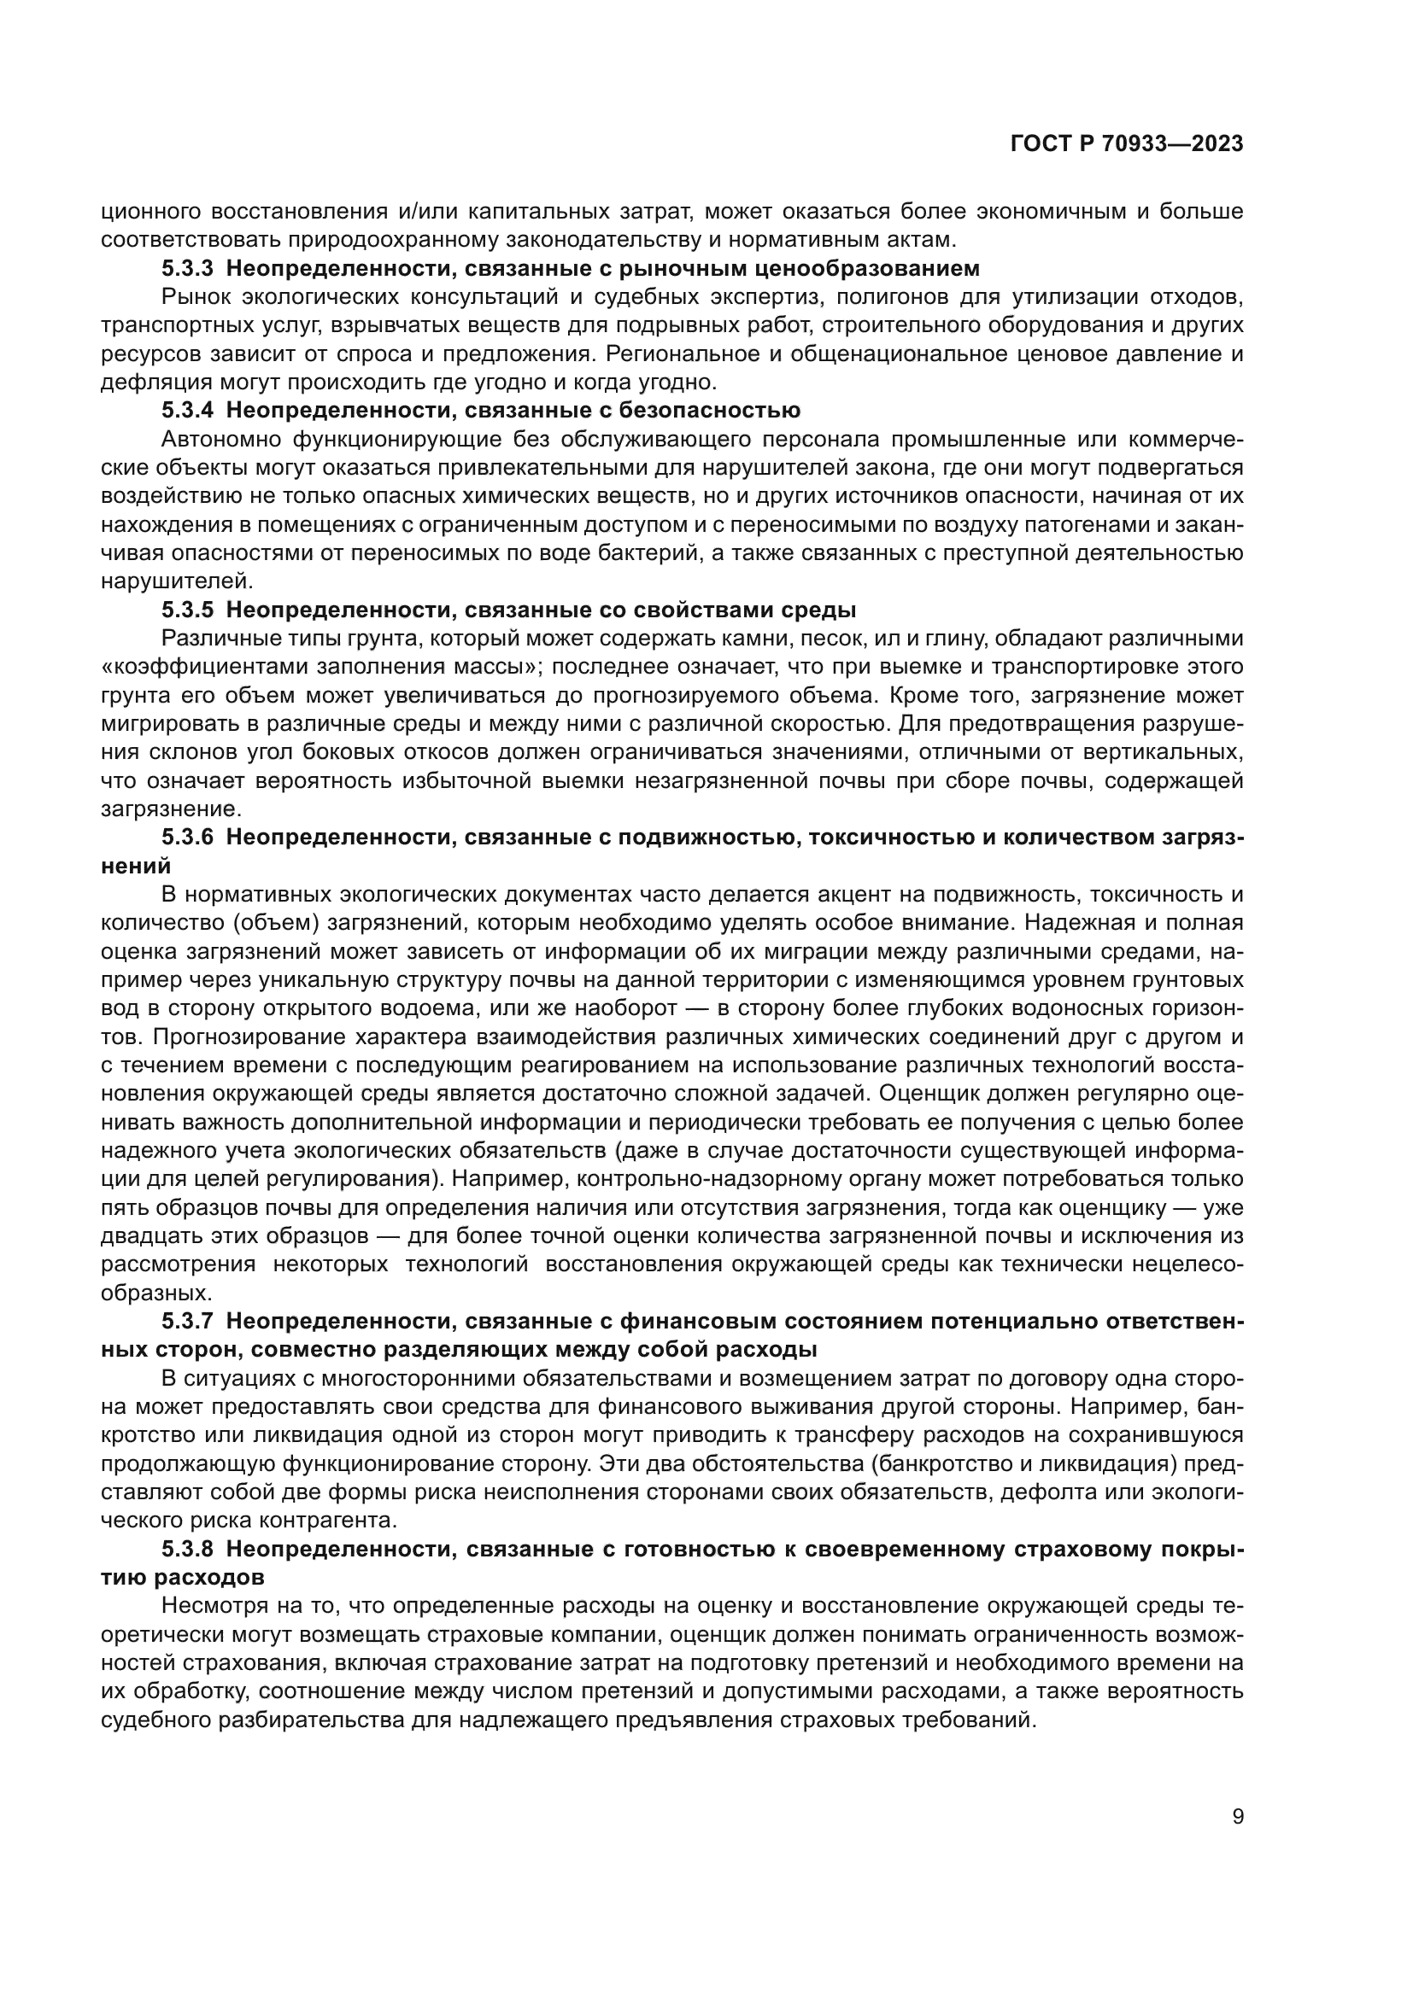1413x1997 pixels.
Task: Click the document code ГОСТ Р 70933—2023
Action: [x=1127, y=144]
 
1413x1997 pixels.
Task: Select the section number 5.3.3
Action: [x=187, y=268]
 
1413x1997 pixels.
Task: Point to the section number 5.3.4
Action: [x=187, y=411]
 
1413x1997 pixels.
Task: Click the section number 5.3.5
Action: [x=187, y=610]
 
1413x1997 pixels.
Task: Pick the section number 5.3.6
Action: [x=187, y=838]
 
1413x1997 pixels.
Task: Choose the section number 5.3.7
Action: [x=187, y=1321]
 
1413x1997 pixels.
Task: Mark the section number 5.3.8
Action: [x=187, y=1549]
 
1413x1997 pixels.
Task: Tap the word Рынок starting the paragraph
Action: [x=197, y=296]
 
